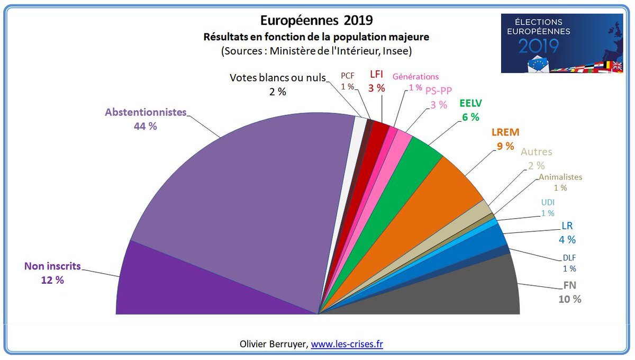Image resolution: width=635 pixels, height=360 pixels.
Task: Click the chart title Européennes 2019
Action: click(316, 21)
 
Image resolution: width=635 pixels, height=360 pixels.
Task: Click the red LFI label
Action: click(376, 76)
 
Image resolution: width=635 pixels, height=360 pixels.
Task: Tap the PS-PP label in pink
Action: click(439, 91)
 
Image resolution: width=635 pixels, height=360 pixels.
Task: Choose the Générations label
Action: click(415, 77)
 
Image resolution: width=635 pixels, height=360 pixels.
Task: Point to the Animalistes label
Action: click(560, 177)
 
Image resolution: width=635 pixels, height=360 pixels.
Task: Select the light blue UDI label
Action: click(548, 202)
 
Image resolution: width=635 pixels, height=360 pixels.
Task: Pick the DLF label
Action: click(569, 258)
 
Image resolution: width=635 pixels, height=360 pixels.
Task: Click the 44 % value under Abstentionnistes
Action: click(146, 127)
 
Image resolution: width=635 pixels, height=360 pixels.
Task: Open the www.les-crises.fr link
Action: click(347, 344)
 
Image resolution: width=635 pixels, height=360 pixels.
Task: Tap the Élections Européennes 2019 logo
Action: click(561, 43)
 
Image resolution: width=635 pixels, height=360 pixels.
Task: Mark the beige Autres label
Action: click(536, 152)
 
